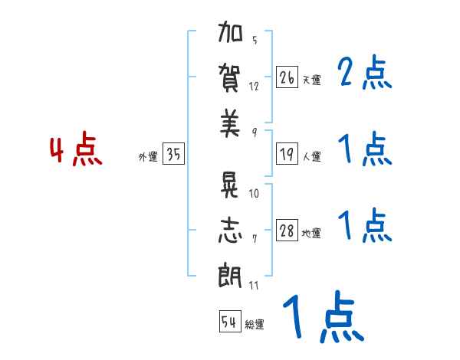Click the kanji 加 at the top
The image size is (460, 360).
point(230,36)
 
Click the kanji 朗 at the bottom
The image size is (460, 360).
point(230,275)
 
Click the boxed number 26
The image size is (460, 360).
point(287,77)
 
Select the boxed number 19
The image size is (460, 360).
point(287,154)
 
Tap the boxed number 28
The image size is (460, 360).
point(287,231)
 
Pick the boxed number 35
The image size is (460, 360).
point(173,154)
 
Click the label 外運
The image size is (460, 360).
point(148,157)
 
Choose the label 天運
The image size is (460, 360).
point(311,80)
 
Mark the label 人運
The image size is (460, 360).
point(311,157)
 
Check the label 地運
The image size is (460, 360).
point(311,234)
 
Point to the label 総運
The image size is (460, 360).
point(255,325)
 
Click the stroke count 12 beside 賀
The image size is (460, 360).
point(255,86)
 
